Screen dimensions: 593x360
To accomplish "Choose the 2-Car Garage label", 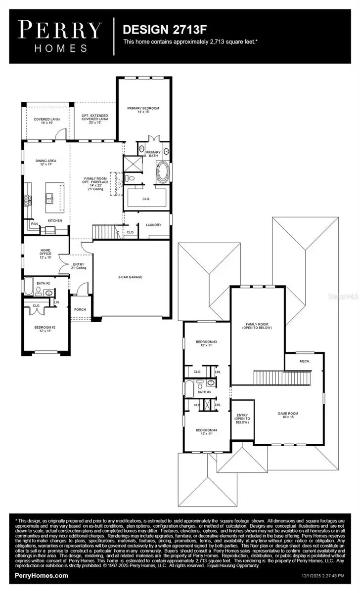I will (130, 277).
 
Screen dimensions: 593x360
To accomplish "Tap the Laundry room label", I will (153, 225).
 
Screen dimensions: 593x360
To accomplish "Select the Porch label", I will (80, 310).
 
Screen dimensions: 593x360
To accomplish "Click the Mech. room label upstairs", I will (305, 361).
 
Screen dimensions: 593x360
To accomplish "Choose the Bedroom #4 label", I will (206, 431).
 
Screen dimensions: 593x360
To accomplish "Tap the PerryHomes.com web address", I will (42, 576).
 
